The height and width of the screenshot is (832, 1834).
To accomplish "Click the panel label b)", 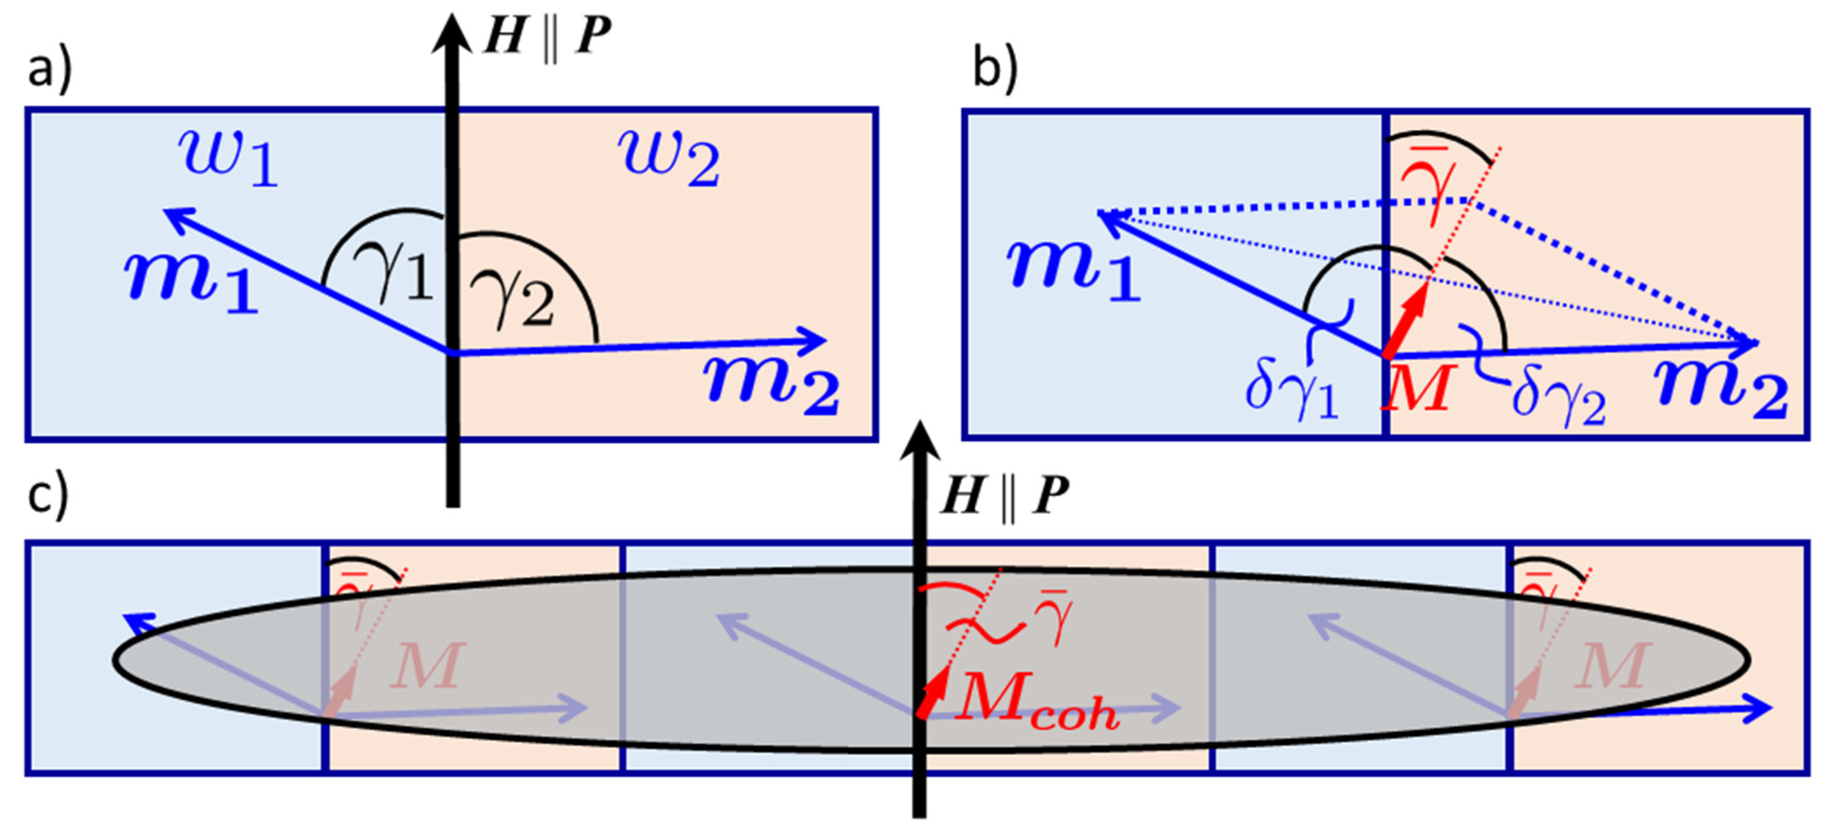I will pyautogui.click(x=996, y=72).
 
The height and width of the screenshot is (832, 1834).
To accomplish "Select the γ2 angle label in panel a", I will pyautogui.click(x=511, y=299).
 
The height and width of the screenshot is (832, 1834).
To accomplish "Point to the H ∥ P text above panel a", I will pyautogui.click(x=547, y=35).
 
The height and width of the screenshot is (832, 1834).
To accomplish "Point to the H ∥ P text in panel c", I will pyautogui.click(x=1004, y=495).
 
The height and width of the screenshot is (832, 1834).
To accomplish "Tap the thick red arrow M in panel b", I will pyautogui.click(x=1407, y=321).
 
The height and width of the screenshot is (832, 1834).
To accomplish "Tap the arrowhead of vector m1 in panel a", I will pyautogui.click(x=174, y=216).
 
